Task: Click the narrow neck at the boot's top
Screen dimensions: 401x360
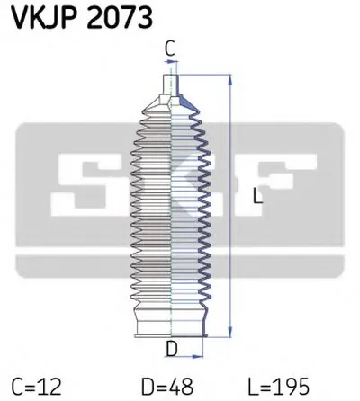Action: point(171,85)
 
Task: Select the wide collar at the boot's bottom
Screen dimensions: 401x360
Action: point(171,322)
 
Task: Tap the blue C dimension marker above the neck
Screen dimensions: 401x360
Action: point(171,61)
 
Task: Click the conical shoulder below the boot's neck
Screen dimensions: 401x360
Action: point(171,104)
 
